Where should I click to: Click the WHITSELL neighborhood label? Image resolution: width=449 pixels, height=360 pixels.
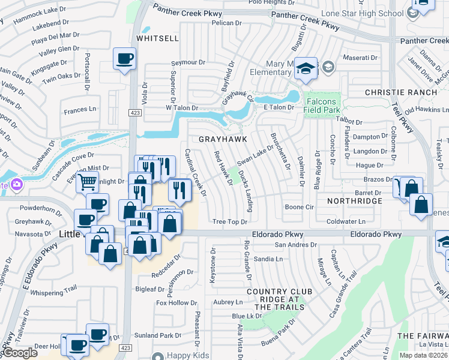click(157, 38)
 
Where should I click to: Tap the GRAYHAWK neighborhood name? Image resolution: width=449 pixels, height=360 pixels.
click(223, 138)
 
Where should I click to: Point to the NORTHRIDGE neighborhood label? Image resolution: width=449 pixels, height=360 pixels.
click(354, 200)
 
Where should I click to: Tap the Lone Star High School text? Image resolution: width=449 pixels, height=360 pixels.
click(370, 13)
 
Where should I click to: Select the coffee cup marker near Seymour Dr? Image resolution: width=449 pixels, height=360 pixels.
click(125, 58)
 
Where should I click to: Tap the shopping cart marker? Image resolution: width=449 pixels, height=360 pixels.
click(87, 181)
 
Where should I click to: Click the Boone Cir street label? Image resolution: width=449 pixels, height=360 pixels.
click(300, 207)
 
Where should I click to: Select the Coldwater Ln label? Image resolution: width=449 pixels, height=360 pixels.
click(346, 221)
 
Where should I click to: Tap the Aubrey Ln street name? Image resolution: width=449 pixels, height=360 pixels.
click(227, 302)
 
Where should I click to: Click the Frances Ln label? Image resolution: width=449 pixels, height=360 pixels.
click(80, 110)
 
